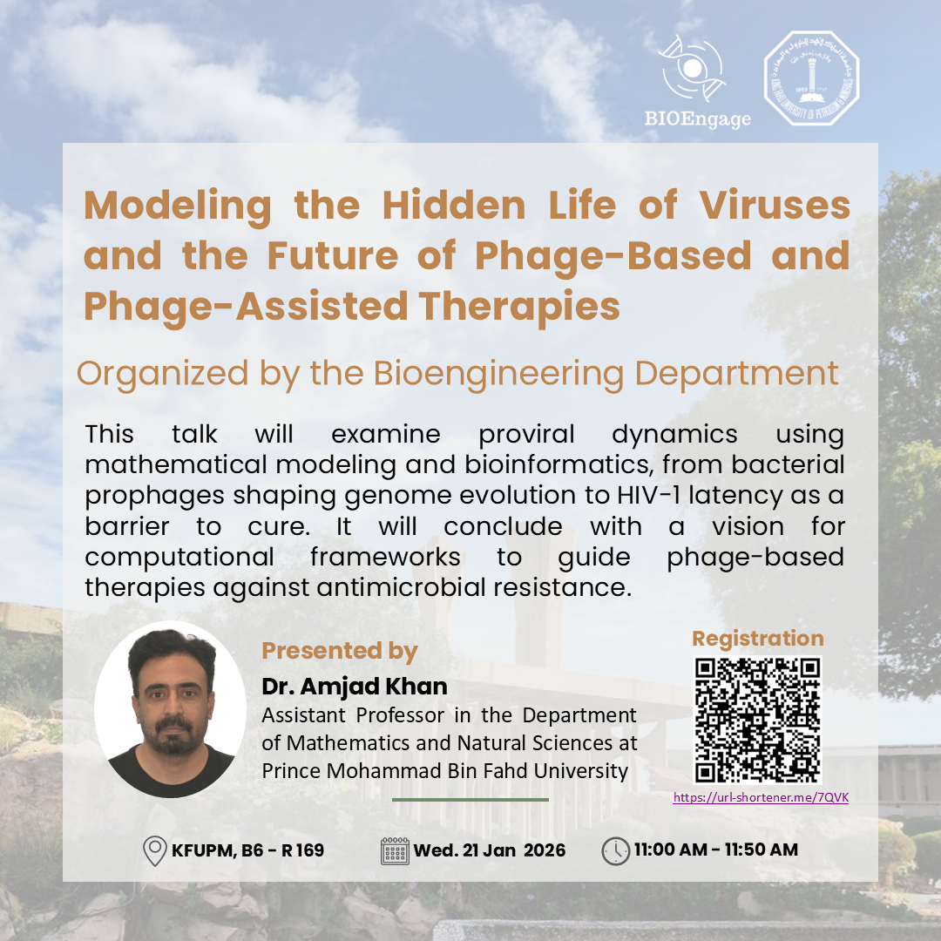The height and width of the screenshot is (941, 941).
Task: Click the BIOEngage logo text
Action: [x=697, y=118]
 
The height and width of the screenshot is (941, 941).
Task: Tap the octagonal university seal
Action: [x=811, y=78]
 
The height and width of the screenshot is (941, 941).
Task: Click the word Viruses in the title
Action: [x=775, y=206]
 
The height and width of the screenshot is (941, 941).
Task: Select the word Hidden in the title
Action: [x=454, y=206]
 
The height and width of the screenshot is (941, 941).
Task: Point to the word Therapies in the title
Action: [x=519, y=307]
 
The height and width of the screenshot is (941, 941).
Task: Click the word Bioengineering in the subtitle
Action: [x=500, y=374]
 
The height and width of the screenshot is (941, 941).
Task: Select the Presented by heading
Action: [x=340, y=652]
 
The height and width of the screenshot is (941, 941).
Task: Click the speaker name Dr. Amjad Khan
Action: [x=355, y=687]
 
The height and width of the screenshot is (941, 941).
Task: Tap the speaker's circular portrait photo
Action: [x=171, y=709]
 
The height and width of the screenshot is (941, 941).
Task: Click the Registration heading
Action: [x=758, y=639]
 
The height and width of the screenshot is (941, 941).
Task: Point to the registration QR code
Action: [x=757, y=721]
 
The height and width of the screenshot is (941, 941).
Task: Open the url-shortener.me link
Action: [x=761, y=797]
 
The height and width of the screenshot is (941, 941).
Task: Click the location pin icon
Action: [x=154, y=850]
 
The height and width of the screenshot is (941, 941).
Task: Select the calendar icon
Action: [x=395, y=851]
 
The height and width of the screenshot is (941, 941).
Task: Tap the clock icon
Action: [x=616, y=851]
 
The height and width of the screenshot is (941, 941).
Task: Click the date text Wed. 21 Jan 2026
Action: [x=490, y=850]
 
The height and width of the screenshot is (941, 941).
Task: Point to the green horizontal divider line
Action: [x=470, y=800]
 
